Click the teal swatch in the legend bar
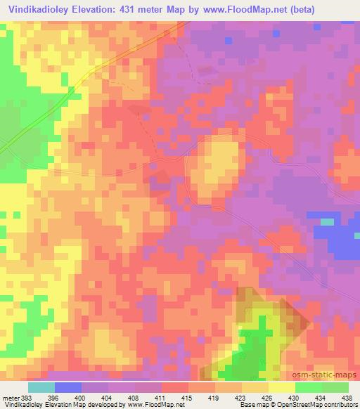point(41,387)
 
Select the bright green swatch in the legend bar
point(309,387)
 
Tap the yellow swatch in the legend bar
point(282,387)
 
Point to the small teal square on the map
point(327,222)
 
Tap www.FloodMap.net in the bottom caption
point(150,405)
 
